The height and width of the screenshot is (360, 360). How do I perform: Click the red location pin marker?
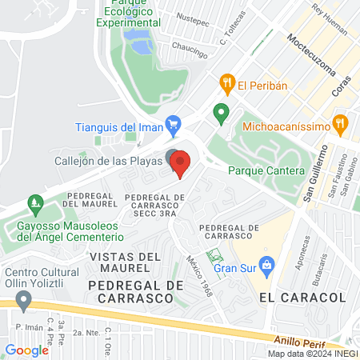[181, 164]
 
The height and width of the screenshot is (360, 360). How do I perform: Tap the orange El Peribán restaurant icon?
[227, 82]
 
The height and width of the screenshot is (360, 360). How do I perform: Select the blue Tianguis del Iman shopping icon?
[171, 124]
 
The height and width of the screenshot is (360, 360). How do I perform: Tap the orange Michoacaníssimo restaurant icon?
[342, 124]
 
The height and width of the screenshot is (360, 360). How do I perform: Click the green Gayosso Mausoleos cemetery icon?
[34, 205]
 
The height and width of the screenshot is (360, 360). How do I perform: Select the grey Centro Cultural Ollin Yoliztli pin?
[23, 302]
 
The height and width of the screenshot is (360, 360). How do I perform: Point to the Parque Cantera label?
[266, 171]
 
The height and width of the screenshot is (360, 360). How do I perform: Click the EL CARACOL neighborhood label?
[302, 297]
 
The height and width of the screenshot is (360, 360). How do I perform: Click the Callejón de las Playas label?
[108, 159]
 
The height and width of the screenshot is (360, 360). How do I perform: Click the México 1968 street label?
[198, 274]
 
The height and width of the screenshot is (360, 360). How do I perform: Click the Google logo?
[26, 350]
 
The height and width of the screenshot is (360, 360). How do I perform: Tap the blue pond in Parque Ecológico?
[142, 45]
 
